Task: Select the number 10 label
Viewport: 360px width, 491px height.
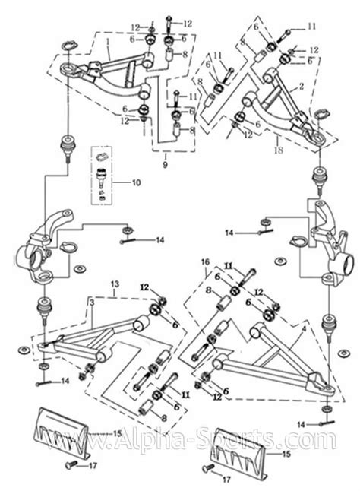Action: [136, 182]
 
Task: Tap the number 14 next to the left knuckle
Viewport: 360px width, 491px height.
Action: [159, 240]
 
